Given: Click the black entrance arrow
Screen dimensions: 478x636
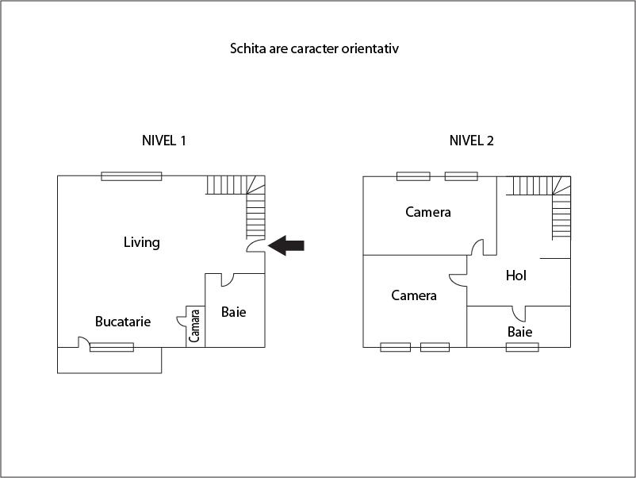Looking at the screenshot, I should tap(286, 246).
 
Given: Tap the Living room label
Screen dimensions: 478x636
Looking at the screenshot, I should tap(141, 242).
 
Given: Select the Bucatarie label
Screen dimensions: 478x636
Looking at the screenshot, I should tap(123, 322).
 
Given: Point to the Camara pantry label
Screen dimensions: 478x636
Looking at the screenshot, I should tap(195, 326).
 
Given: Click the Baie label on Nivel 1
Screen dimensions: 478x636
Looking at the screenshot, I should tap(233, 312).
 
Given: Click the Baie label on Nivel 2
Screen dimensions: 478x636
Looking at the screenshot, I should tap(520, 332).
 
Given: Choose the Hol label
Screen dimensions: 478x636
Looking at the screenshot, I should tap(516, 276).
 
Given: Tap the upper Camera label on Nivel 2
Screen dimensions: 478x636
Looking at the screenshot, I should tap(428, 212).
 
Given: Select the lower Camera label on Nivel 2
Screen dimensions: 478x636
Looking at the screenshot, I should tap(414, 295).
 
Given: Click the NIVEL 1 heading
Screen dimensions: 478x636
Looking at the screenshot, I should tap(163, 141).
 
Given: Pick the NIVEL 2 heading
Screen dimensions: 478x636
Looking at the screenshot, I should tap(472, 141).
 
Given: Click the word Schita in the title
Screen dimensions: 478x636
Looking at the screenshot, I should tap(247, 48).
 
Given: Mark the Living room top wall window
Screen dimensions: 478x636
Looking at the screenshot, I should tap(132, 176).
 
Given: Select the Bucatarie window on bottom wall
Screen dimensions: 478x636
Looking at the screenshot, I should tap(112, 347).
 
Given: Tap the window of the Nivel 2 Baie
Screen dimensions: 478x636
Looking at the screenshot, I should tap(523, 347).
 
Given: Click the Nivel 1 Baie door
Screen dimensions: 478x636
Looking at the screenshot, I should tap(226, 279).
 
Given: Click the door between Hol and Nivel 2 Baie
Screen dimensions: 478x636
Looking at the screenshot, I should tap(519, 312).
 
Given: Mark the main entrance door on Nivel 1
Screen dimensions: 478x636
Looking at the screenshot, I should tap(257, 245).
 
